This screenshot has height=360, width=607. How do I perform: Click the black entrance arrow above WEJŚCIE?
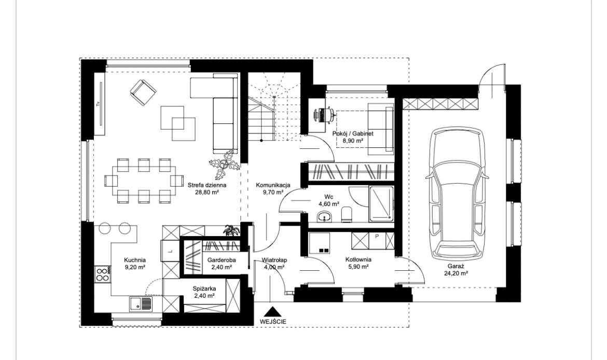273,312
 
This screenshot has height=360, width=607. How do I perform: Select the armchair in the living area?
143,92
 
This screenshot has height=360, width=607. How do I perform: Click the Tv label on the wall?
98,103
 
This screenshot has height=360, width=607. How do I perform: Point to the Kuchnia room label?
135,260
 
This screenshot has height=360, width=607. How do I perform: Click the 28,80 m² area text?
207,191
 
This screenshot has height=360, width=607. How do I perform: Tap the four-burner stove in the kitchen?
102,274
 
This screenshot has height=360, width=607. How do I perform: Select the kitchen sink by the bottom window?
141,303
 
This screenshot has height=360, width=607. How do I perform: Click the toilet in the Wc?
347,214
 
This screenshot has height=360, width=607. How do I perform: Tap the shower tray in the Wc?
381,204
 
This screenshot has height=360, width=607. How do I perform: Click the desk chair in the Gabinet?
321,115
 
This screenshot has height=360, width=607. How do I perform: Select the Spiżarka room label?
204,288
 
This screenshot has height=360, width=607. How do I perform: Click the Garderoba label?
222,260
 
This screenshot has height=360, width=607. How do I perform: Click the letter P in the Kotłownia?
377,236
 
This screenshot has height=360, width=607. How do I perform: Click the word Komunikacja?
273,185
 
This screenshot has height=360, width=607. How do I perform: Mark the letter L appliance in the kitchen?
170,251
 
